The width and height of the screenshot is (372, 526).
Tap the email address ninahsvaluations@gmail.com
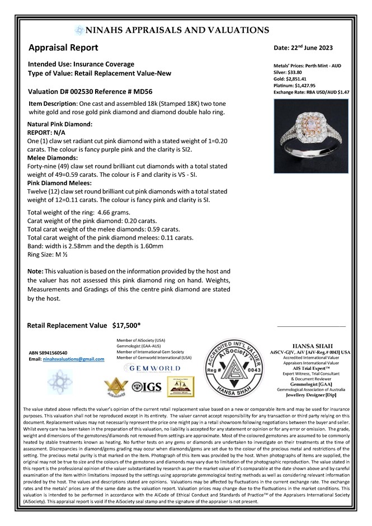point(73,359)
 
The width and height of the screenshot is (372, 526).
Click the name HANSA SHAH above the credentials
point(310,346)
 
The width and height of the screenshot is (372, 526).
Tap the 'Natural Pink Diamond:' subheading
point(60,124)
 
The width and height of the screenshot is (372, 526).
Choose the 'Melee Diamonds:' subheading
point(52,158)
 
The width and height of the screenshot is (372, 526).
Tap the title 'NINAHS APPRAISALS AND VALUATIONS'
point(178,30)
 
